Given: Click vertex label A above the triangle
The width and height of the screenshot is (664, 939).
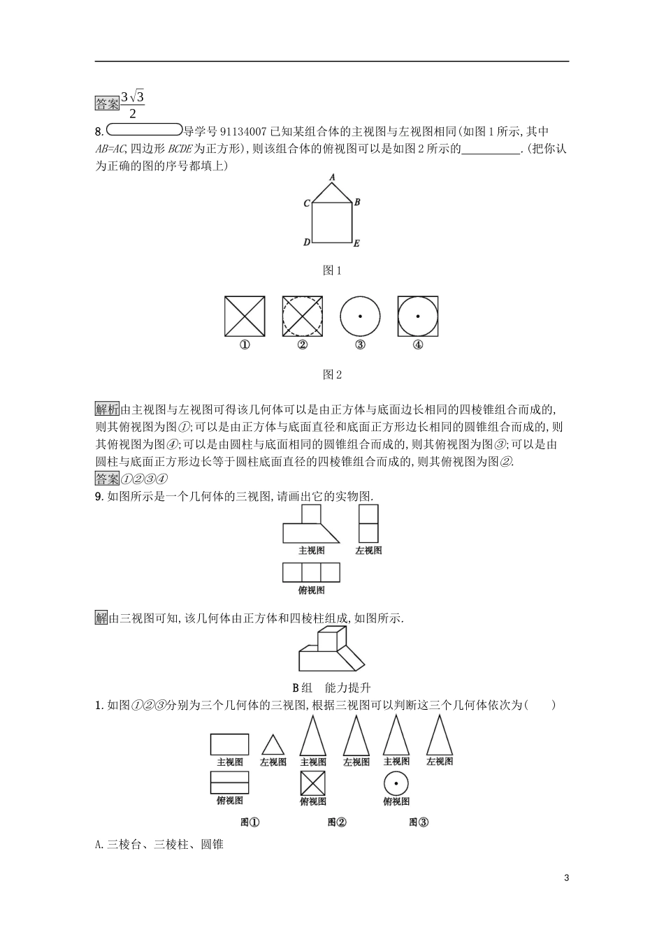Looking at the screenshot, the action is [x=333, y=178].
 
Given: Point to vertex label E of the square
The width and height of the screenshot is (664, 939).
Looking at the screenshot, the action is [x=356, y=244].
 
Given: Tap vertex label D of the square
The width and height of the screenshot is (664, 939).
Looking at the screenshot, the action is [x=307, y=243].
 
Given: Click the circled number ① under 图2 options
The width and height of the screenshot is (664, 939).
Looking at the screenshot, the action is [x=245, y=344].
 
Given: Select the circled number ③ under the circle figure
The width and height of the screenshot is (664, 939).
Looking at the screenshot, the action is [x=360, y=344].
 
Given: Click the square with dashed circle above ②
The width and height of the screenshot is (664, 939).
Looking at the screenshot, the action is [x=303, y=316].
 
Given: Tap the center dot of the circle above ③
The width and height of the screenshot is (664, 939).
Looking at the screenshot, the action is [x=360, y=316].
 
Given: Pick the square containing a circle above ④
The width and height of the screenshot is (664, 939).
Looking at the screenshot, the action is [x=418, y=316].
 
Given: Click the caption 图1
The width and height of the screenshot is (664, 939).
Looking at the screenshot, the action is [x=332, y=271].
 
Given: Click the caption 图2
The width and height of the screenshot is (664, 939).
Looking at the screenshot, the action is [x=332, y=374].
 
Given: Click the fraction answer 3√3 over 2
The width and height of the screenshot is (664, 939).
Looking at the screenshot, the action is [x=132, y=104].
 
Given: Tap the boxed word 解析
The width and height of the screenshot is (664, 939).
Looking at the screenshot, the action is [x=108, y=409].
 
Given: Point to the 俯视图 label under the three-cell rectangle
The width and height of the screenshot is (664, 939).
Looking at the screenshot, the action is [x=311, y=590].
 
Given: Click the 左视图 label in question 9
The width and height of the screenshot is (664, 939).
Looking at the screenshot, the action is [x=368, y=551].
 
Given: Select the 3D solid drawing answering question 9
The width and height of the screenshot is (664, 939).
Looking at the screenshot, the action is [x=332, y=649].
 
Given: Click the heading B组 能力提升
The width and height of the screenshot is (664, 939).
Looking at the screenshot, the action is [x=331, y=687].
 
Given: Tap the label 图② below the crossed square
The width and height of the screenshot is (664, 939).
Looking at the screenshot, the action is [x=337, y=822].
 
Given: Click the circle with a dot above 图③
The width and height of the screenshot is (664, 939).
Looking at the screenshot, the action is [x=396, y=783].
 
